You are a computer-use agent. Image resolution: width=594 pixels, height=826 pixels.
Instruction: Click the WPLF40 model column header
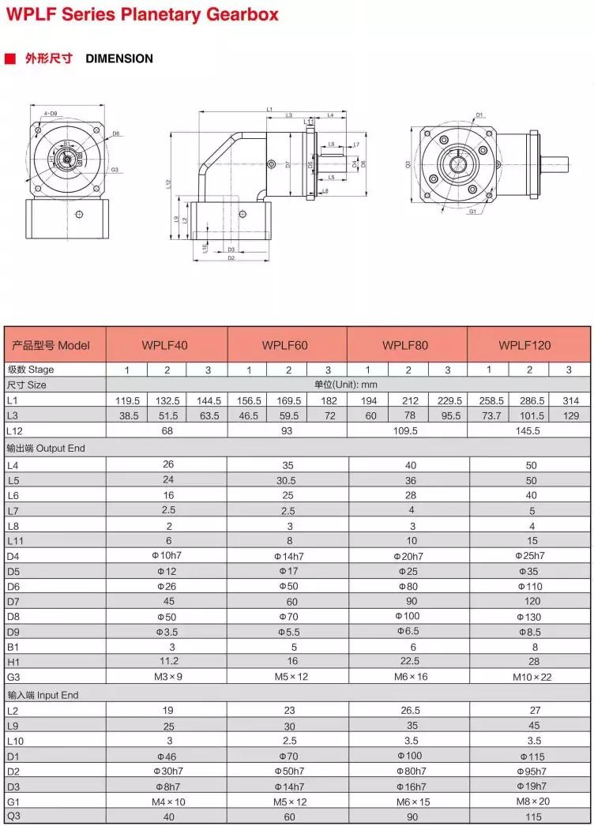(x=165, y=345)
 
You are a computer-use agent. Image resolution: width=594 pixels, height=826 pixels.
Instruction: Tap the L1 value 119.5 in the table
(x=127, y=400)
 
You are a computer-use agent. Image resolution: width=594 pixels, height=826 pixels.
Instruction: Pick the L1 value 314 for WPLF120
(x=570, y=400)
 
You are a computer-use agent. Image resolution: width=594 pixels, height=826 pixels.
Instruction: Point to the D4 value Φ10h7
(x=167, y=556)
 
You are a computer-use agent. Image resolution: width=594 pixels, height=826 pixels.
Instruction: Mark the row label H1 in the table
(x=13, y=662)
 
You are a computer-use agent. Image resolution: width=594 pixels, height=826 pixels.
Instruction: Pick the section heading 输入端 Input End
(x=43, y=695)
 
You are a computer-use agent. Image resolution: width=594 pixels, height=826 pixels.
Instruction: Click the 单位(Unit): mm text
(x=348, y=385)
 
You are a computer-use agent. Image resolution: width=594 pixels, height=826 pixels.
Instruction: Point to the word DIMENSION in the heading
(x=119, y=58)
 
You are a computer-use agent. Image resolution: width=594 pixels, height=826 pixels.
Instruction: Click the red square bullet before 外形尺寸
(x=10, y=58)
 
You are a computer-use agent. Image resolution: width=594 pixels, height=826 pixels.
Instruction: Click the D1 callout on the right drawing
(x=479, y=115)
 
